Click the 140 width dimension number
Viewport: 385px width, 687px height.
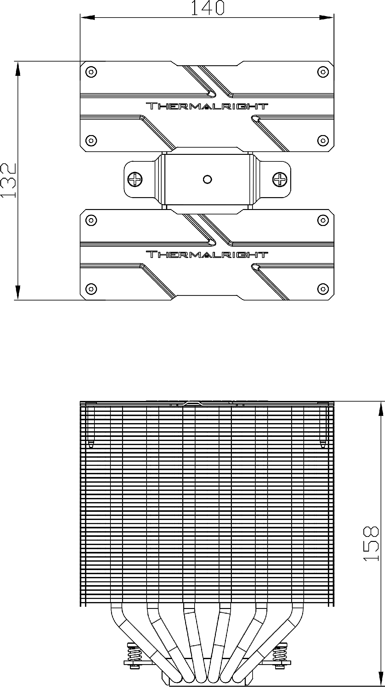click(x=207, y=8)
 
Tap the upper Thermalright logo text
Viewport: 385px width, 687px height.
click(x=207, y=106)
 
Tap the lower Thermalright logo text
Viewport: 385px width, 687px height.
click(x=207, y=254)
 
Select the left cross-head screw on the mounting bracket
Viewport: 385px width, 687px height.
click(x=135, y=179)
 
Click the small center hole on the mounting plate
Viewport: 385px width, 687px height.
click(x=207, y=179)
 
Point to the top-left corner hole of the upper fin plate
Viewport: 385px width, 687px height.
click(x=91, y=72)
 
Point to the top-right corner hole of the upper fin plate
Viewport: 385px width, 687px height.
click(x=323, y=72)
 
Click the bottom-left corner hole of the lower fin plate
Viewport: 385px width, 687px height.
click(x=91, y=288)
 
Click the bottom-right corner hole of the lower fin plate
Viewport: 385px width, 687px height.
click(x=323, y=288)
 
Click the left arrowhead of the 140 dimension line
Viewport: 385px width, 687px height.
click(x=88, y=17)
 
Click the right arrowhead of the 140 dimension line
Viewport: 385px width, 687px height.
click(x=326, y=17)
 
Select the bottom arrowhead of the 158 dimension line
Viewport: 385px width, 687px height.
click(x=381, y=679)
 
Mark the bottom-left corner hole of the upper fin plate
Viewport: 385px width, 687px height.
click(x=91, y=140)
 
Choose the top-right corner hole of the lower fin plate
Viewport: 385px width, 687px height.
click(x=323, y=220)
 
